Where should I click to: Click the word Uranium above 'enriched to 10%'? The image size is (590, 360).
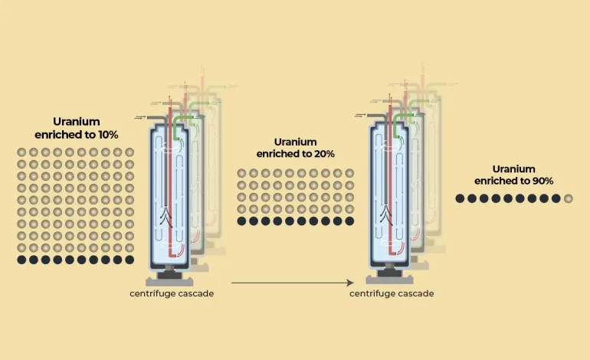(x=76, y=122)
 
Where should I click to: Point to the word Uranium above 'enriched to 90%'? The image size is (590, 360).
(x=513, y=169)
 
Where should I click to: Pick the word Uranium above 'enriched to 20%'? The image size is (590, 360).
(x=295, y=142)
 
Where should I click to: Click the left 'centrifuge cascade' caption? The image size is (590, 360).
(x=171, y=294)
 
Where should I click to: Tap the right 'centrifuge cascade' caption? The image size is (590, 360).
(x=392, y=294)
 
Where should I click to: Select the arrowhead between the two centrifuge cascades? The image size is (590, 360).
(x=348, y=283)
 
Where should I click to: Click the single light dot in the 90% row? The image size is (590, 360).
(x=568, y=198)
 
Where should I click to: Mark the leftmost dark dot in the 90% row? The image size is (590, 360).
(x=460, y=198)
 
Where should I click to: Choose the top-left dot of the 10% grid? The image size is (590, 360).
(x=21, y=152)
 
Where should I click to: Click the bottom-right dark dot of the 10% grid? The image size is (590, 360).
(x=129, y=260)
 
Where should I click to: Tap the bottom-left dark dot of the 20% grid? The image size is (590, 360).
(x=241, y=221)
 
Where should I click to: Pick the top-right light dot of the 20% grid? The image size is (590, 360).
(x=349, y=173)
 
